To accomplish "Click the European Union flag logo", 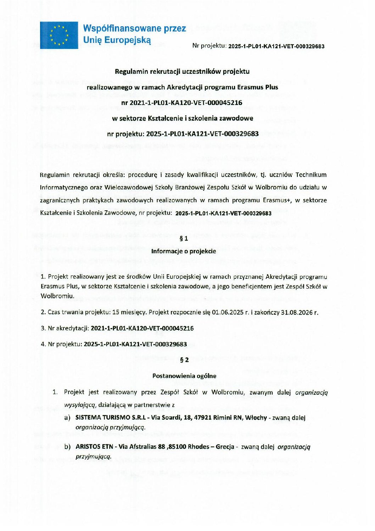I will coord(59,35).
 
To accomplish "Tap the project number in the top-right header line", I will coord(276,46).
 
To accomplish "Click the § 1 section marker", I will coord(184,238).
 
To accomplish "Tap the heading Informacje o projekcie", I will coord(184,251).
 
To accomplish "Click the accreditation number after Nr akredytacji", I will coord(142,328).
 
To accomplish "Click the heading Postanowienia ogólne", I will coord(184,376).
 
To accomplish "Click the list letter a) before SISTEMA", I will coord(67,418).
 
